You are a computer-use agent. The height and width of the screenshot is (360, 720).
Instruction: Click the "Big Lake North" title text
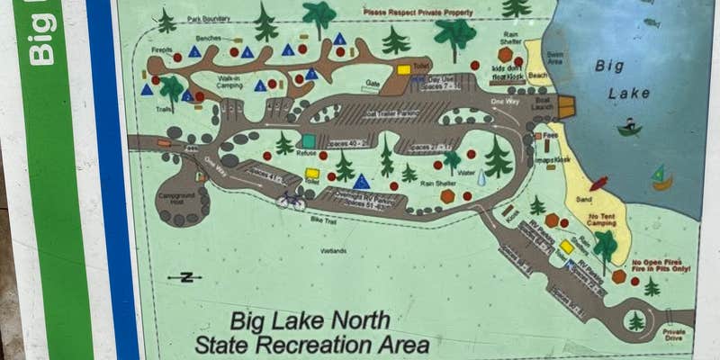[x=310, y=320]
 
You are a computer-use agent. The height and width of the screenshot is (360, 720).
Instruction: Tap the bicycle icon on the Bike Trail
[x=291, y=200]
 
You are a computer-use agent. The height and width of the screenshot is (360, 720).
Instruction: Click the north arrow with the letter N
[x=185, y=277]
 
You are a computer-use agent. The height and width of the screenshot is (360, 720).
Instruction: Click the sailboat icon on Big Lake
[x=661, y=177]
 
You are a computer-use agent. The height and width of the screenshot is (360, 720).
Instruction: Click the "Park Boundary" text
[x=208, y=18]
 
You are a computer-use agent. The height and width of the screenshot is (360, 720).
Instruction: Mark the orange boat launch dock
[x=566, y=107]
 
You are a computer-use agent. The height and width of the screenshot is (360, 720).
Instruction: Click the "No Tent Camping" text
[x=602, y=220]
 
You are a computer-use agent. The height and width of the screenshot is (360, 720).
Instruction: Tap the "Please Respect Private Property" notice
[x=417, y=12]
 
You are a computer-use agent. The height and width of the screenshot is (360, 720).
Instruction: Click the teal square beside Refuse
[x=309, y=141]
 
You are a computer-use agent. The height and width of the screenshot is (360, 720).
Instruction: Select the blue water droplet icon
[x=481, y=178]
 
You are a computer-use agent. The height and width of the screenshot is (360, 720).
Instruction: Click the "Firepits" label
[x=162, y=51]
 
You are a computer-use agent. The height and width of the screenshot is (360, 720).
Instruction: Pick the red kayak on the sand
[x=598, y=184]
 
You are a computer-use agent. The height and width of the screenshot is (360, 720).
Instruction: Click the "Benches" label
[x=208, y=40]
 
